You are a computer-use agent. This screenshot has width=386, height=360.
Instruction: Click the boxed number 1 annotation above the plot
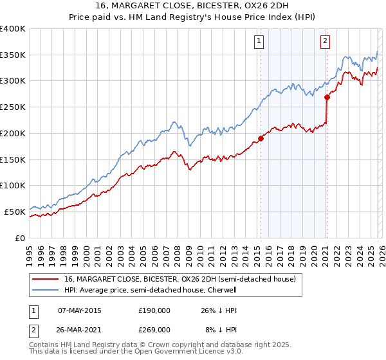pos(259,41)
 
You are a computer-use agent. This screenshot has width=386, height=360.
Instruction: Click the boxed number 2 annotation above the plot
pos(325,41)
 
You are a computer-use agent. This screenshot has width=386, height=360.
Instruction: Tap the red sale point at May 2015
pos(261,138)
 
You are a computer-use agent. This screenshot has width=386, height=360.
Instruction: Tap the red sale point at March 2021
pos(327,98)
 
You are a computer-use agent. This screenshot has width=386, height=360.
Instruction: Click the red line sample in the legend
pos(46,279)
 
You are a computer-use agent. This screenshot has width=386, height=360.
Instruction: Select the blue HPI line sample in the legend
pos(46,290)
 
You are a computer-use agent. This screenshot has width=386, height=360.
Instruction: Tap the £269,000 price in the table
pos(154,329)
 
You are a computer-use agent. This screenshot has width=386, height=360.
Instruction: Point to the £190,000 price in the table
pos(154,310)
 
